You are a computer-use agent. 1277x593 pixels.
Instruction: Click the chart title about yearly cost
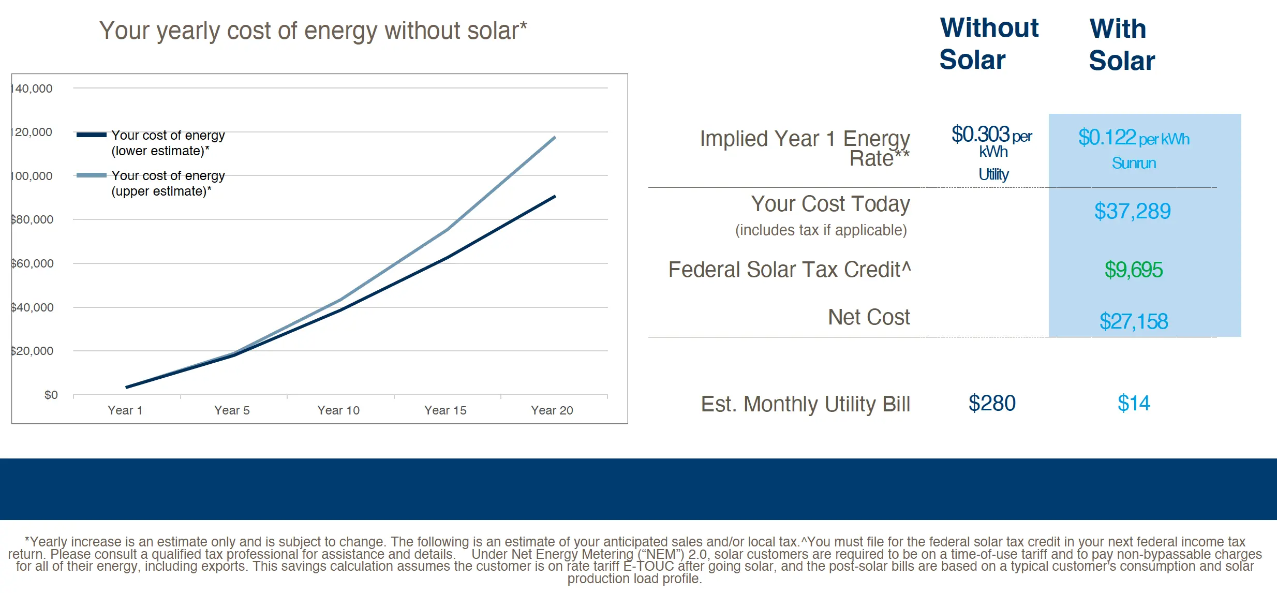click(313, 31)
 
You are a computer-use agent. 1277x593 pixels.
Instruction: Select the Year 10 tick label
click(338, 410)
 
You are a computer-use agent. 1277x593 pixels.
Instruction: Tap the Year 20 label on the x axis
click(552, 410)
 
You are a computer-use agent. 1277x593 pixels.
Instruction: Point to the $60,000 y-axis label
click(32, 263)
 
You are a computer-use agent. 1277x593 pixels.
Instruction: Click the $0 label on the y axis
click(51, 395)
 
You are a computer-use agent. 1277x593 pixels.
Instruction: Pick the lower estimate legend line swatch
click(92, 135)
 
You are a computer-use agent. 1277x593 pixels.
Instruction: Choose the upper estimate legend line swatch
click(92, 175)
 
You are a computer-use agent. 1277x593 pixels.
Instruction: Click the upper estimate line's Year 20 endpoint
click(555, 138)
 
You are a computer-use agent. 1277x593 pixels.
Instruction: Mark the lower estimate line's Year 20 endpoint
click(555, 197)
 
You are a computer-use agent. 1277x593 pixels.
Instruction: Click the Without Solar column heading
click(988, 43)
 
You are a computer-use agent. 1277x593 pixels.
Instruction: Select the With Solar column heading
click(1121, 45)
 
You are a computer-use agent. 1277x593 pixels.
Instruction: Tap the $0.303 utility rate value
click(981, 135)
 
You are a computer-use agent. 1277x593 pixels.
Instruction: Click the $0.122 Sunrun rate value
click(1107, 138)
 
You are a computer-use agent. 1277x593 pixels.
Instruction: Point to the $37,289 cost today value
click(1132, 211)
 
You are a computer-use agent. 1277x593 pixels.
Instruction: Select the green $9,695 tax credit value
click(1133, 270)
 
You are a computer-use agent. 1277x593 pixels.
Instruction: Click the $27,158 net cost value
click(1133, 321)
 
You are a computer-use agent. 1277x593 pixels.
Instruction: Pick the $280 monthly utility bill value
click(992, 403)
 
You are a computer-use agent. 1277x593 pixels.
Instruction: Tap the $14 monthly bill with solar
click(1133, 403)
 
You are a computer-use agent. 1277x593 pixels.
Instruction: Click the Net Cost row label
click(868, 317)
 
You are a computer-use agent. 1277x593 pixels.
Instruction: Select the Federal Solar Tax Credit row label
click(789, 270)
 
